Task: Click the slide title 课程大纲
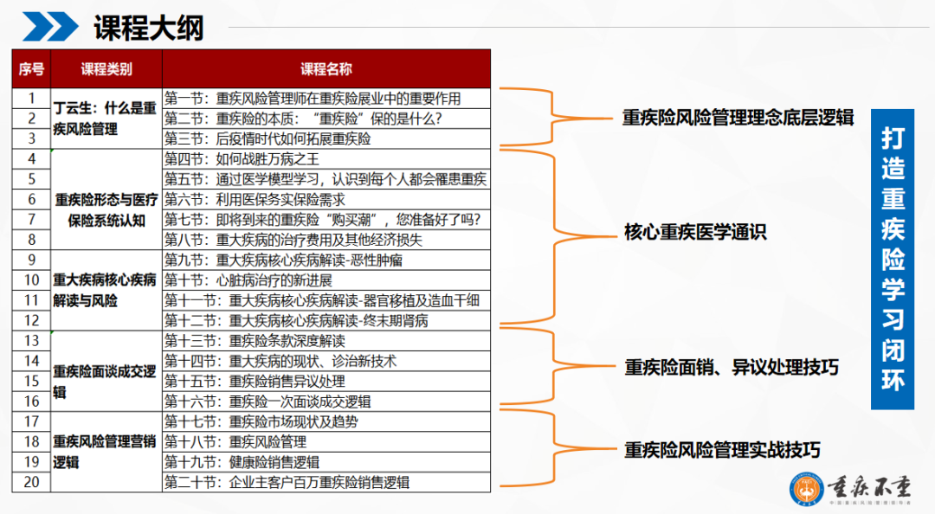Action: (x=149, y=27)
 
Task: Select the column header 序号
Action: (x=31, y=69)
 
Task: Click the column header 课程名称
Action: (x=326, y=69)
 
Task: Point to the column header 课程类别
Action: (x=106, y=69)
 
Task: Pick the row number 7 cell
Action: (x=31, y=219)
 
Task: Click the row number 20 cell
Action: (x=31, y=482)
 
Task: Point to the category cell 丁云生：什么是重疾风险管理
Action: (x=106, y=119)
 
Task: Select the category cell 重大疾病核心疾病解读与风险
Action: (x=106, y=290)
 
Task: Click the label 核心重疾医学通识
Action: (x=695, y=232)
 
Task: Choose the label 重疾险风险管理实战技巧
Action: (x=722, y=450)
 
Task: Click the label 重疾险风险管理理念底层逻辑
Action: (x=738, y=118)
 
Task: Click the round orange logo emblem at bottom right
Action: (x=808, y=488)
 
